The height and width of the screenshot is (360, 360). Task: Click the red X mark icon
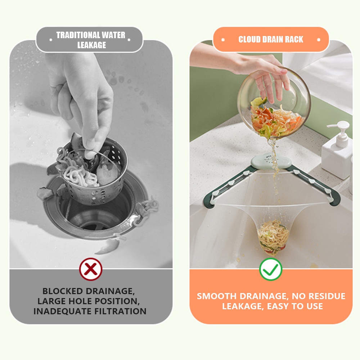91,269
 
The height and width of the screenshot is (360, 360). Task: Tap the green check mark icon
271,269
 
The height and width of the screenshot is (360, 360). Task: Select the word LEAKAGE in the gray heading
91,45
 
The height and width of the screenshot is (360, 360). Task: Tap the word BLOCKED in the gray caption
63,291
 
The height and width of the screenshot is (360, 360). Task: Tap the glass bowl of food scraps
274,103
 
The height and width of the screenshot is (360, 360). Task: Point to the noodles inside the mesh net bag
273,238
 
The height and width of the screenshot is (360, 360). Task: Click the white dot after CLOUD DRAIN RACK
319,40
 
